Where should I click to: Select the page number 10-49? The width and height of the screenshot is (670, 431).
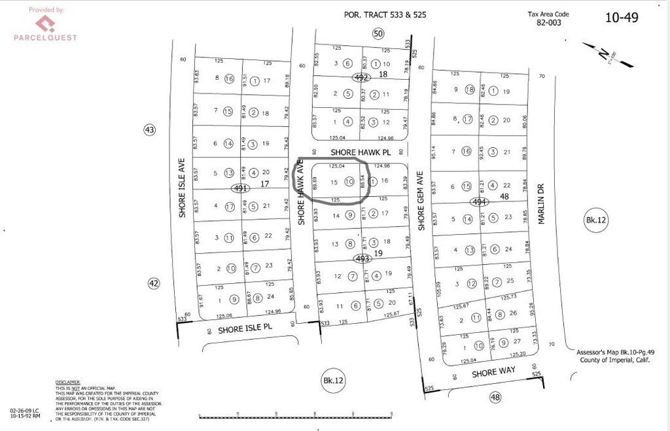click(x=621, y=18)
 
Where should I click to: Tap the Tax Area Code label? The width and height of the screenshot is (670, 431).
click(x=549, y=14)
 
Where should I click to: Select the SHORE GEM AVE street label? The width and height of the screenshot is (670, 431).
click(x=421, y=200)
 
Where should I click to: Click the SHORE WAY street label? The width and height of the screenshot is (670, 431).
click(x=493, y=370)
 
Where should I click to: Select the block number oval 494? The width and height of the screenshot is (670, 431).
click(x=477, y=203)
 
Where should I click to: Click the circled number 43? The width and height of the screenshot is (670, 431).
click(x=150, y=130)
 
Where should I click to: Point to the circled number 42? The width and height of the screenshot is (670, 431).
click(x=152, y=283)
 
